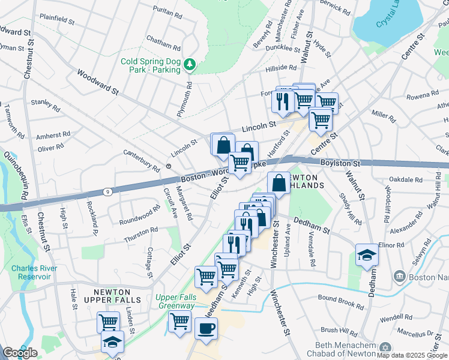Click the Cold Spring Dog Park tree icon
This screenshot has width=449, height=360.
tap(190, 63)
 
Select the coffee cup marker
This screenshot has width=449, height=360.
tap(206, 329)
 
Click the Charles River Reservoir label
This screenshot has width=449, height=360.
tap(34, 272)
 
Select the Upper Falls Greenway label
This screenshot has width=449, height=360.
tap(175, 301)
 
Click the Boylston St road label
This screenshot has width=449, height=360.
tap(339, 163)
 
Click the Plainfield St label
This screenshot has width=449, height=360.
tap(54, 19)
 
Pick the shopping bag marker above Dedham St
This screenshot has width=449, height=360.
tap(279, 182)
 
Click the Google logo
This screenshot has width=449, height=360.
tap(20, 353)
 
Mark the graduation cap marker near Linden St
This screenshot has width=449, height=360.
tap(112, 342)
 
